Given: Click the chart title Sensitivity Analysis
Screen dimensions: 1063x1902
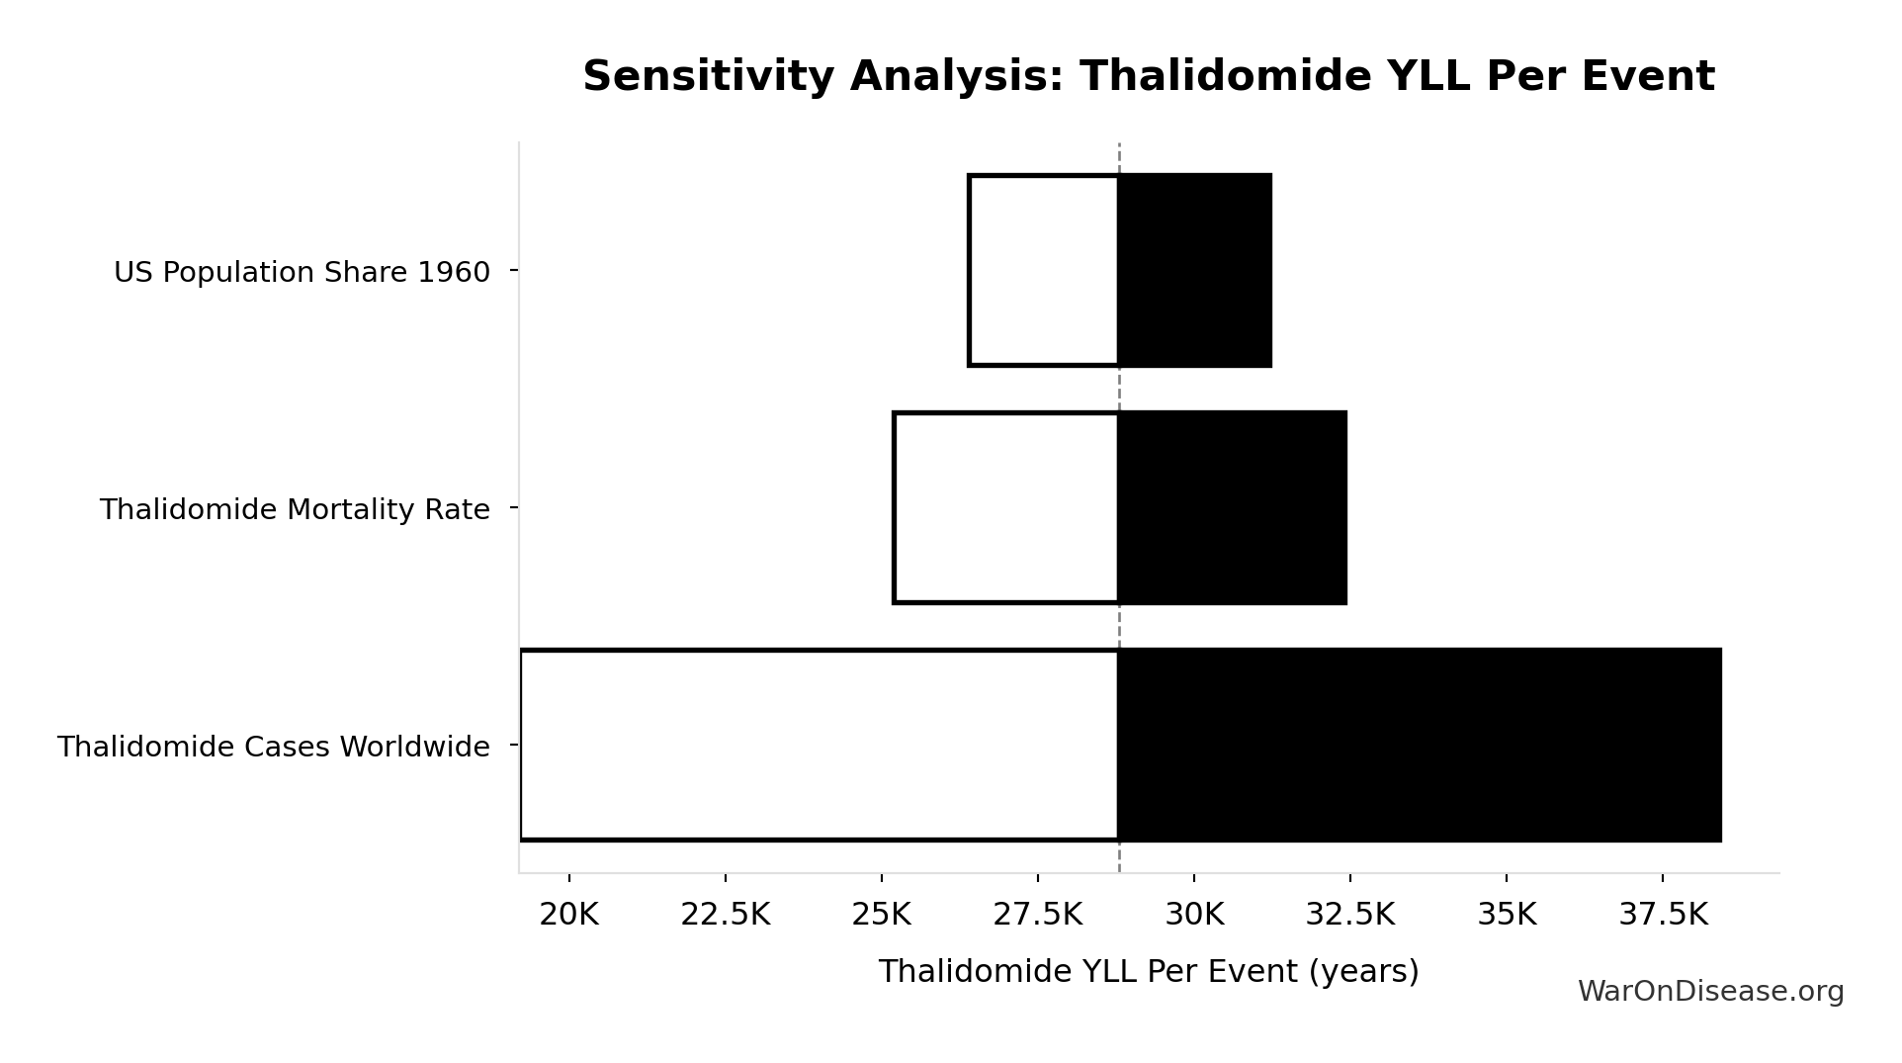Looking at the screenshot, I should (x=1148, y=76).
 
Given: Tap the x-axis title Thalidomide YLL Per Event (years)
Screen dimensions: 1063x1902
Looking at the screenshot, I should (x=1148, y=971).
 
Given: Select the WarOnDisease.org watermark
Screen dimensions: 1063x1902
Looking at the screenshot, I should (x=1710, y=991).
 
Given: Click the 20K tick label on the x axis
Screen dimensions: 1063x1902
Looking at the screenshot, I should (x=568, y=915).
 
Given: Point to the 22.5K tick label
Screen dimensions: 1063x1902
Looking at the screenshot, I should (x=725, y=915).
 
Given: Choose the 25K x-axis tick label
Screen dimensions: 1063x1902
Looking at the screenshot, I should (x=881, y=915).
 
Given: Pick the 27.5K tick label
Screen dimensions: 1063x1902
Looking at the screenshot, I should (x=1037, y=915).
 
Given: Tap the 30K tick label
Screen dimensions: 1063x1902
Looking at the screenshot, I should (x=1194, y=915).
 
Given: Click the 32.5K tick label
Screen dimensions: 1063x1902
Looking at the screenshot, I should (x=1349, y=915).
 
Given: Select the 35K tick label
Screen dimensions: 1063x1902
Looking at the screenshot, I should (x=1507, y=915).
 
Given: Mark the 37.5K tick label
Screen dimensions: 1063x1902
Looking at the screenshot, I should (x=1663, y=915).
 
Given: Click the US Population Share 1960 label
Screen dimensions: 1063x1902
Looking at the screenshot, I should (x=302, y=272).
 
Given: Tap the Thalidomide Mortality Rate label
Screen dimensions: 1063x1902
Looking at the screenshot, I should (x=295, y=509).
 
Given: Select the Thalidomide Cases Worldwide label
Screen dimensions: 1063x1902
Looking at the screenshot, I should (x=273, y=747).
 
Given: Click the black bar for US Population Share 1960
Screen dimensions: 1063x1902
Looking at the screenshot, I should (x=1194, y=270).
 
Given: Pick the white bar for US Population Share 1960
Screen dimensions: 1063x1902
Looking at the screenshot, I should (x=1044, y=270).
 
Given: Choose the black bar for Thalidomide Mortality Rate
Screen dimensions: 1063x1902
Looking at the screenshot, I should (x=1232, y=507).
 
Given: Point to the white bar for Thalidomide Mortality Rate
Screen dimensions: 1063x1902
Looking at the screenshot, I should (x=1006, y=507).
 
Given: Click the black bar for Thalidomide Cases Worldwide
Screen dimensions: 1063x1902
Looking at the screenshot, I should (x=1420, y=745).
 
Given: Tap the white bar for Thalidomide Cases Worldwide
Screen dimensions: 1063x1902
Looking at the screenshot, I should (x=820, y=745).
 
